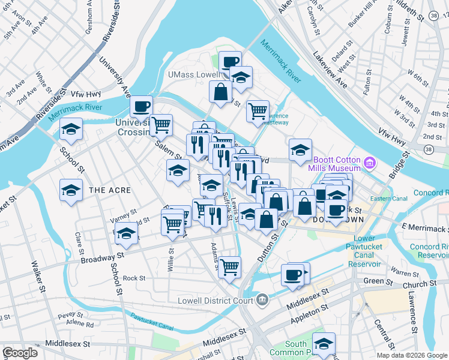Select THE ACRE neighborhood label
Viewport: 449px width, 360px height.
click(109, 190)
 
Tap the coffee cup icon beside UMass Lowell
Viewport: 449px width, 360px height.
click(230, 61)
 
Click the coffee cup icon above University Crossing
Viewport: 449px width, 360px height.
click(142, 107)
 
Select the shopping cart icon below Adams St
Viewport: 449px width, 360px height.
click(229, 266)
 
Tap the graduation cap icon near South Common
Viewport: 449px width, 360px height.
click(324, 344)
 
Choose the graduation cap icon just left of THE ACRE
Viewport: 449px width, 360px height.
click(71, 190)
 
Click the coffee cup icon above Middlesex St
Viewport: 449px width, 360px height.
click(293, 274)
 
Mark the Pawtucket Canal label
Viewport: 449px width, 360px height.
click(152, 322)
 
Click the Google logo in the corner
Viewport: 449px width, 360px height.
click(20, 353)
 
